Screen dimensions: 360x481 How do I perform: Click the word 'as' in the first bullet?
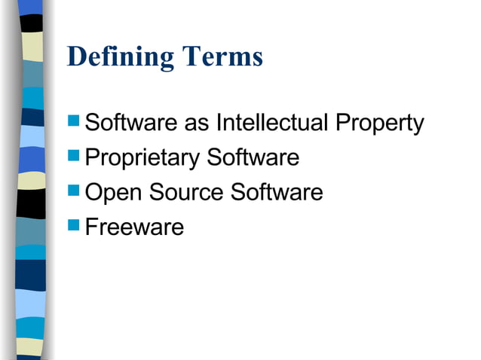tap(198, 124)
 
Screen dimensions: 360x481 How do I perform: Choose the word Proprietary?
tap(142, 159)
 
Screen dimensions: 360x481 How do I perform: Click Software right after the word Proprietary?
tap(253, 158)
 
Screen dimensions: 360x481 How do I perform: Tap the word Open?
tap(114, 194)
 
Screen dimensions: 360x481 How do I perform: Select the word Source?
tap(186, 193)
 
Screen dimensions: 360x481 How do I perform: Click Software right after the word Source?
tap(277, 193)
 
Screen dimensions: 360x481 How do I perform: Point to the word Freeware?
tap(134, 227)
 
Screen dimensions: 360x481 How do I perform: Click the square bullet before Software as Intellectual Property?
tap(73, 121)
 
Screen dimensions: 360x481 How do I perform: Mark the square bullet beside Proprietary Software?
tap(73, 156)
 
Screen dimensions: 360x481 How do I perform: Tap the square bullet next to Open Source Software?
tap(73, 191)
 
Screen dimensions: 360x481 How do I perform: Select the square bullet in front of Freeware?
tap(73, 225)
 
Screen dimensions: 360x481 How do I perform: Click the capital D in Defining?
tap(76, 56)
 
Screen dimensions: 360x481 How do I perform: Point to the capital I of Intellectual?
tap(219, 123)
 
